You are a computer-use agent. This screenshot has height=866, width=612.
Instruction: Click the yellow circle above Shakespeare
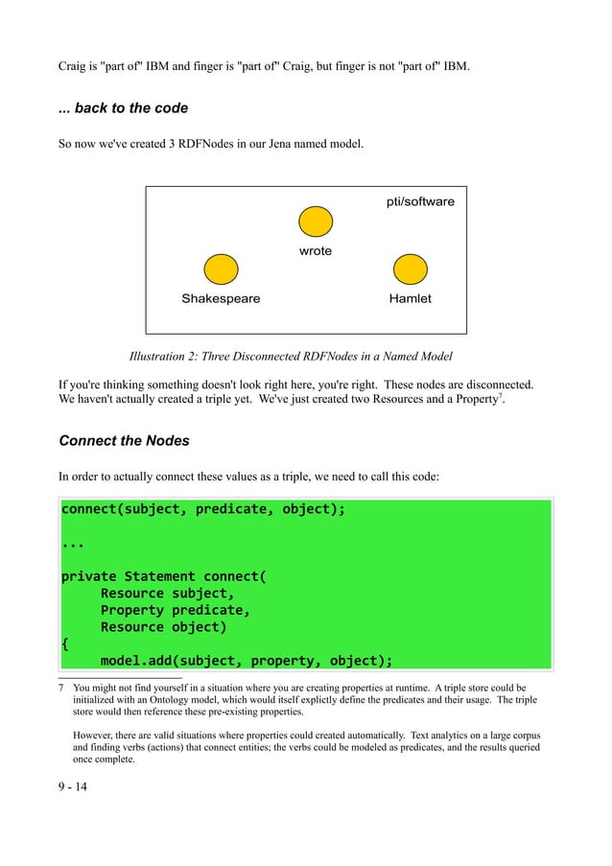pyautogui.click(x=222, y=269)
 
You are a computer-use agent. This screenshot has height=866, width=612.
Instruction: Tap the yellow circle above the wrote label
pyautogui.click(x=316, y=222)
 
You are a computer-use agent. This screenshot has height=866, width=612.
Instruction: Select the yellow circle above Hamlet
pyautogui.click(x=411, y=269)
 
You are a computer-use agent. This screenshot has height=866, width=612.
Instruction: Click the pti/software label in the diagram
pyautogui.click(x=419, y=201)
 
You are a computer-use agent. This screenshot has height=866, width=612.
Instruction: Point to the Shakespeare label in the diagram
pyautogui.click(x=221, y=298)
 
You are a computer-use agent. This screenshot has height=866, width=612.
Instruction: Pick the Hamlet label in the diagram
pyautogui.click(x=410, y=298)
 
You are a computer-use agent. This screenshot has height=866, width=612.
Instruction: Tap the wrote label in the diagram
pyautogui.click(x=316, y=251)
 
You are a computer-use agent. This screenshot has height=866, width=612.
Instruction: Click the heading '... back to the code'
pyautogui.click(x=123, y=108)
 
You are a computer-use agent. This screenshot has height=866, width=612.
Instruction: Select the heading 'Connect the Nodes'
pyautogui.click(x=124, y=441)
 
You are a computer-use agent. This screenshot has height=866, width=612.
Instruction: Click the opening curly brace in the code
pyautogui.click(x=65, y=644)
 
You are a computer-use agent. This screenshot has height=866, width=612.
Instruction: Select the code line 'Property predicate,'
pyautogui.click(x=176, y=610)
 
